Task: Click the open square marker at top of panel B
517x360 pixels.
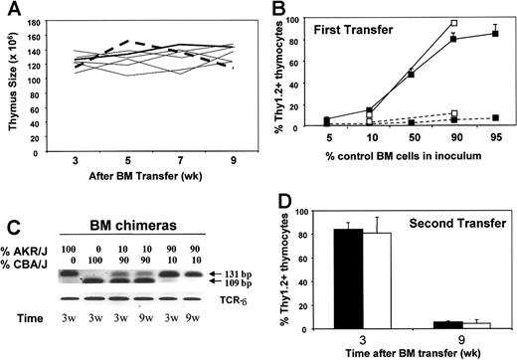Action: tap(452, 21)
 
